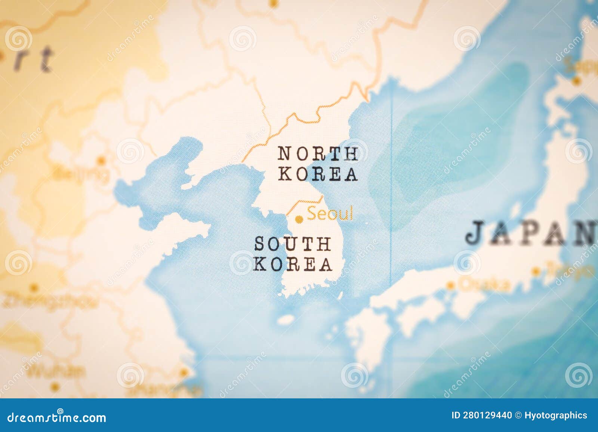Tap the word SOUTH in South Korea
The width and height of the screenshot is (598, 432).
coord(292,244)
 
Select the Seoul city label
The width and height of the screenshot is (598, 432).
coord(330,214)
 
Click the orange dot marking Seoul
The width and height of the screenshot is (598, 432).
coord(298,219)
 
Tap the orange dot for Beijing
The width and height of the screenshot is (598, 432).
coord(101,161)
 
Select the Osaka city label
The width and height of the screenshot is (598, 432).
coord(485,285)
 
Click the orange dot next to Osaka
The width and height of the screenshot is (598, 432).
coord(451,286)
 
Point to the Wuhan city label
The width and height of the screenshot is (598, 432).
coord(57,371)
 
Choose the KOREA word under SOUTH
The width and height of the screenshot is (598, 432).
coord(293,264)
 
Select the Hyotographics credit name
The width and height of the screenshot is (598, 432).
coord(556,415)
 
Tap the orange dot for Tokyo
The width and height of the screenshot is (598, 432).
coord(536,272)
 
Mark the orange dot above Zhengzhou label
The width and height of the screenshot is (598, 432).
coord(34,288)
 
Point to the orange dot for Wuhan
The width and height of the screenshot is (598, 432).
coord(55,386)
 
